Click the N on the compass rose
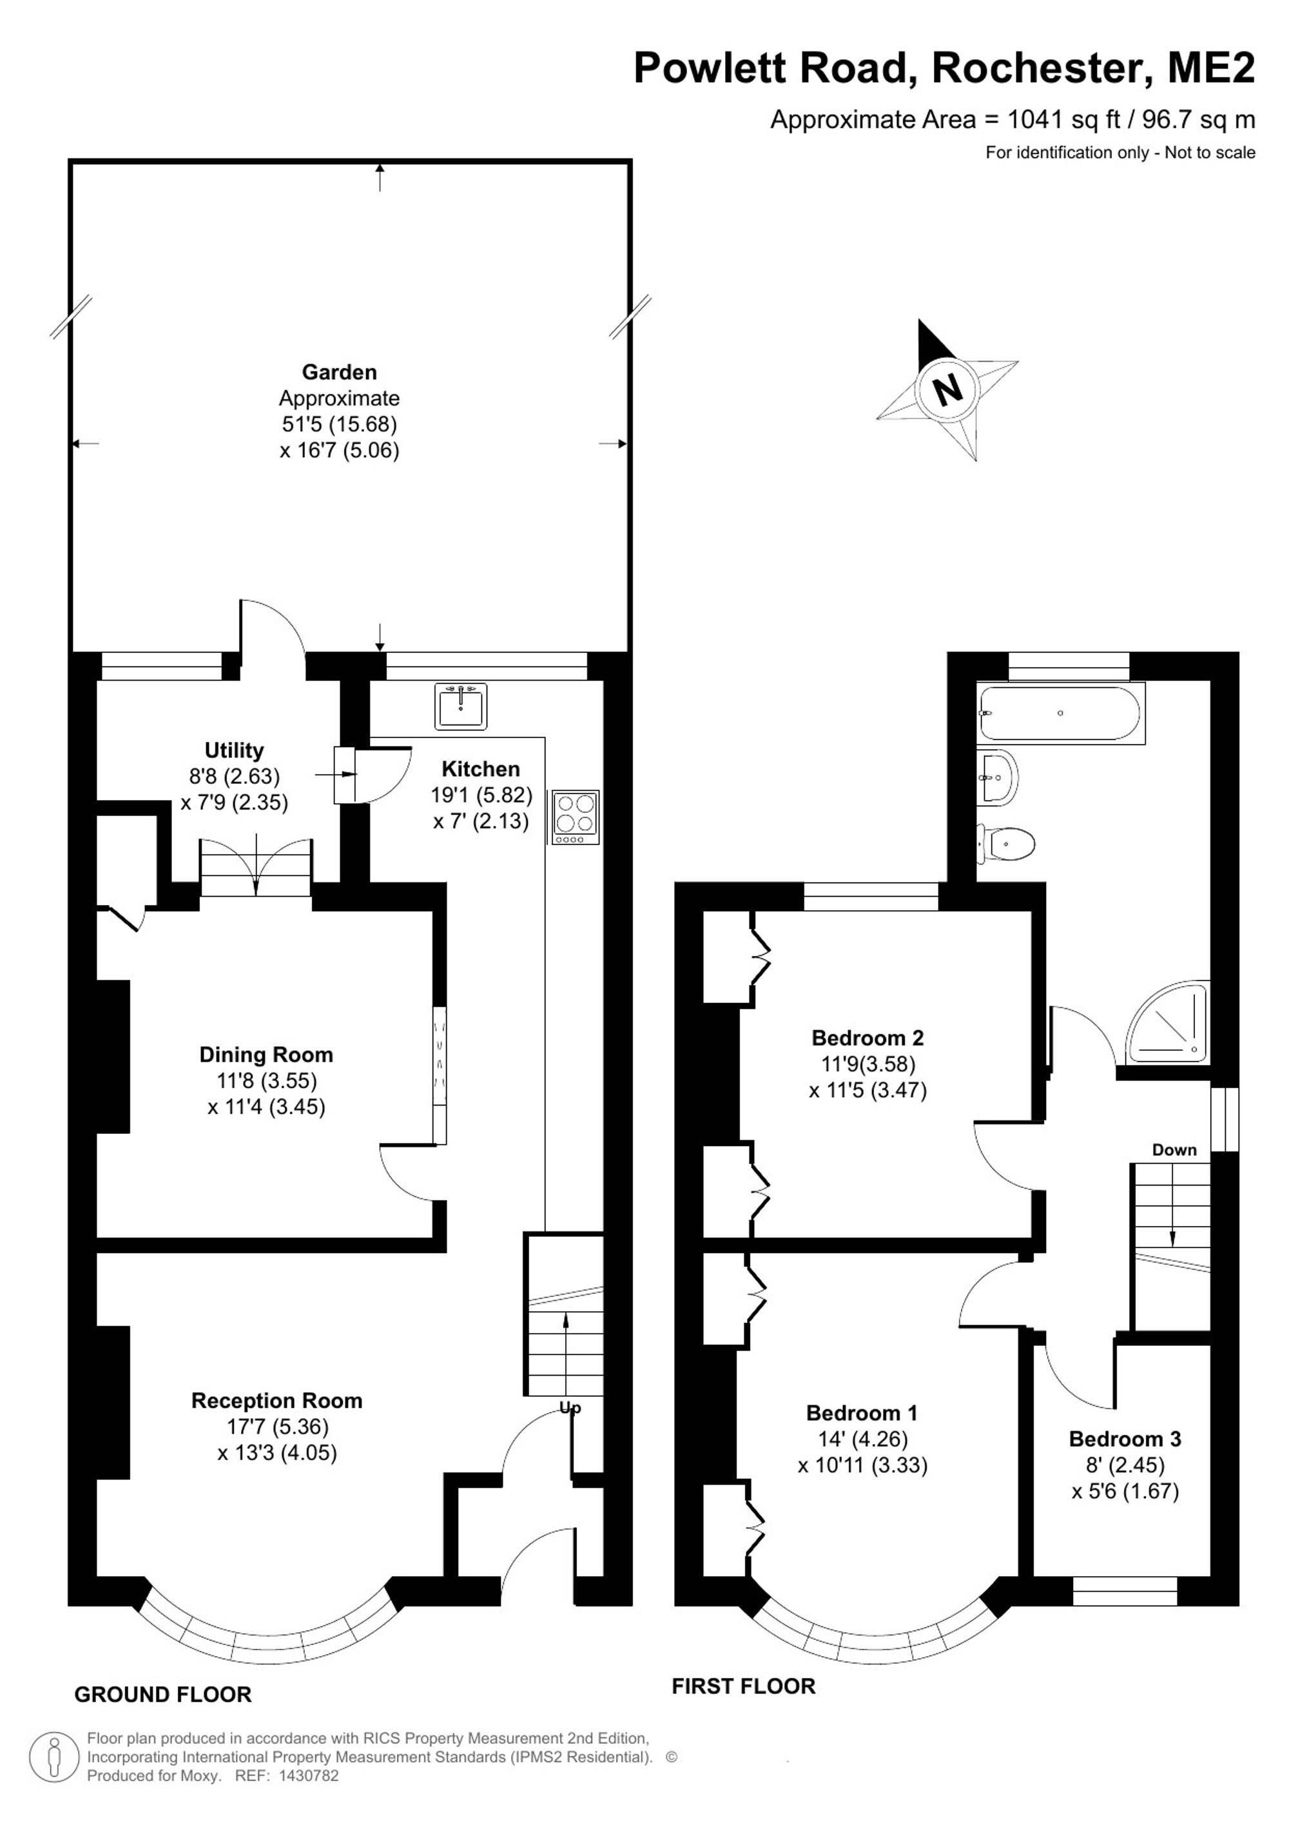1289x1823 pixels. pos(947,390)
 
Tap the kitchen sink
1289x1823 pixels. pos(460,705)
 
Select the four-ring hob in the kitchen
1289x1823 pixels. pos(576,817)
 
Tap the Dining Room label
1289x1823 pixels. pos(266,1055)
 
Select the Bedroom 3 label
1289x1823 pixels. pos(1125,1439)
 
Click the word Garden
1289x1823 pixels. pos(339,371)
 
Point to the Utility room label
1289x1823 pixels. pos(234,750)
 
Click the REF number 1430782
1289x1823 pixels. pos(305,1775)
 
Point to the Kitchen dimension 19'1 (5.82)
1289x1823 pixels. pos(481,795)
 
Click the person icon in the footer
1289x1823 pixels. pos(54,1758)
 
